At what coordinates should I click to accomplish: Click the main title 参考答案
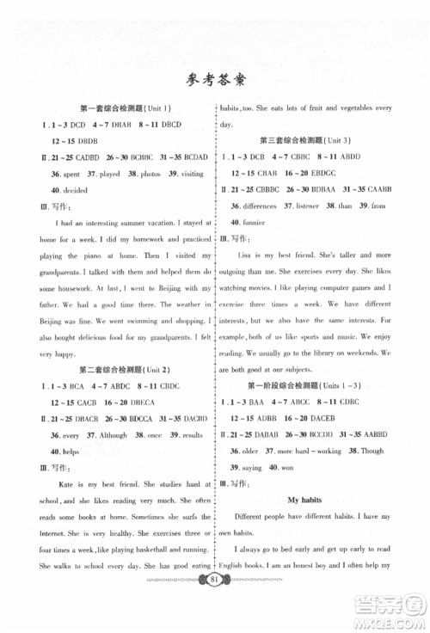click(x=215, y=81)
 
